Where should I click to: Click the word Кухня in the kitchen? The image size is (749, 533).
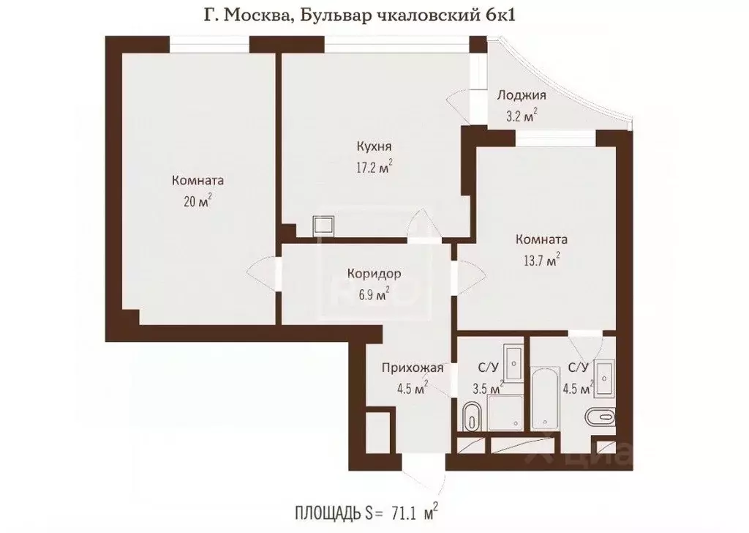coord(372,146)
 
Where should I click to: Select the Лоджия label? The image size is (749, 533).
coord(522,94)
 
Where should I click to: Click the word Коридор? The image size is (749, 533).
coord(374,275)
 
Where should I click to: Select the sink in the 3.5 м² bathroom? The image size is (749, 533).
coord(515,359)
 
